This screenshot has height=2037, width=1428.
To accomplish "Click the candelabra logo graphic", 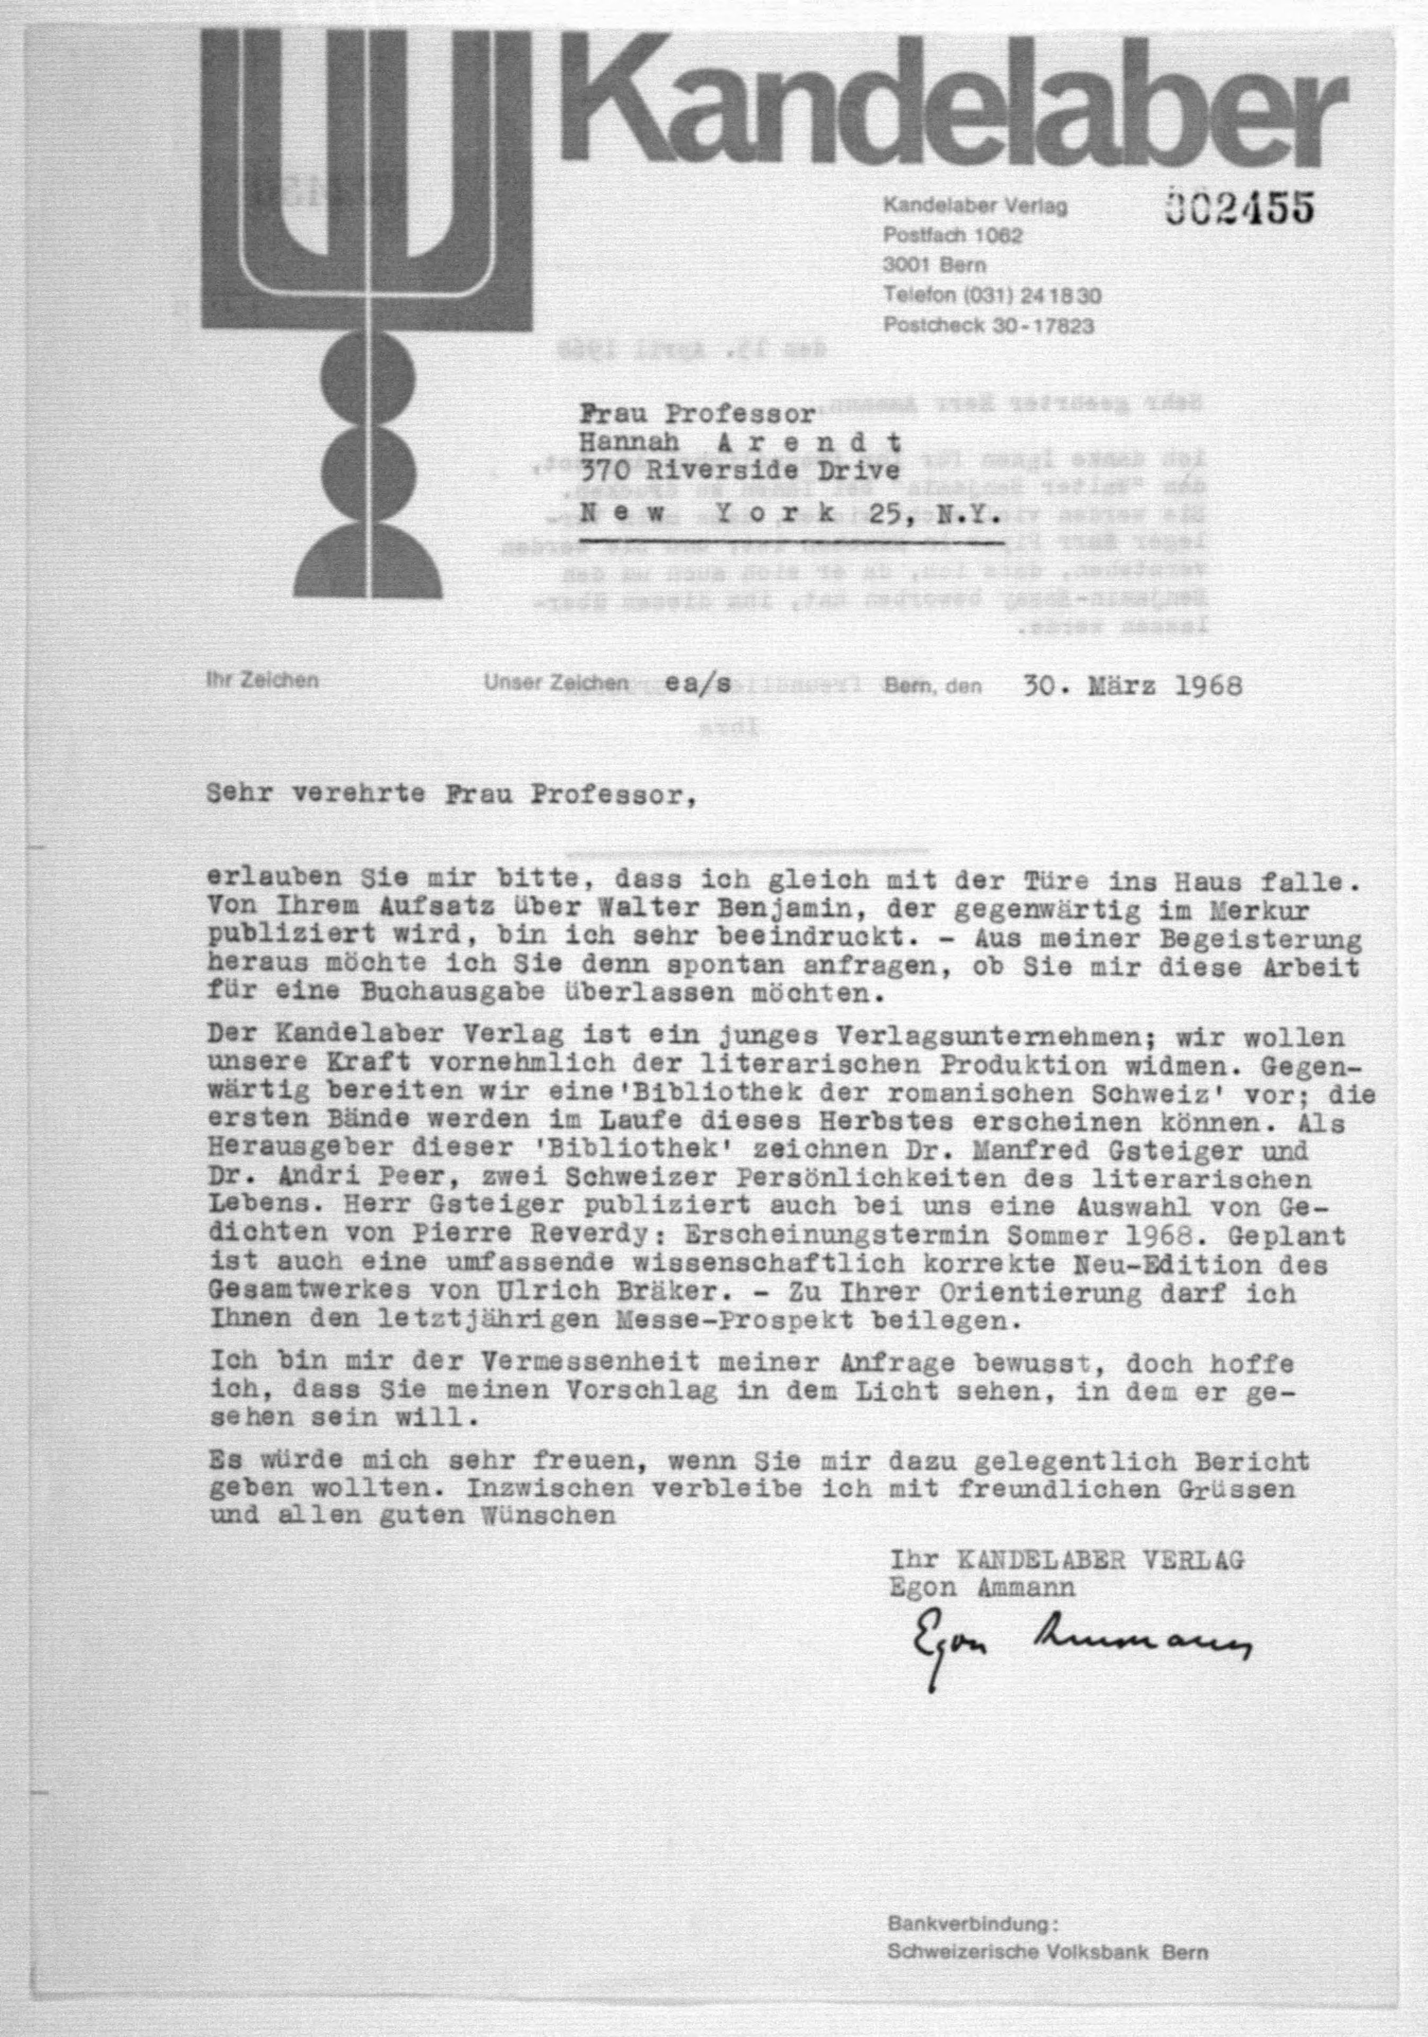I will click(366, 311).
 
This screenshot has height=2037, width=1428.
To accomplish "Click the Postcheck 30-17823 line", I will click(988, 325).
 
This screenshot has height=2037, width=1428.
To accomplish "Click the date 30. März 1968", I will click(1132, 686).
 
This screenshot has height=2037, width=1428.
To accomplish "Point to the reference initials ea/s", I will click(699, 684).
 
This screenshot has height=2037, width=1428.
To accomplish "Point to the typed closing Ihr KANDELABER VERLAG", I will click(1067, 1560).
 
